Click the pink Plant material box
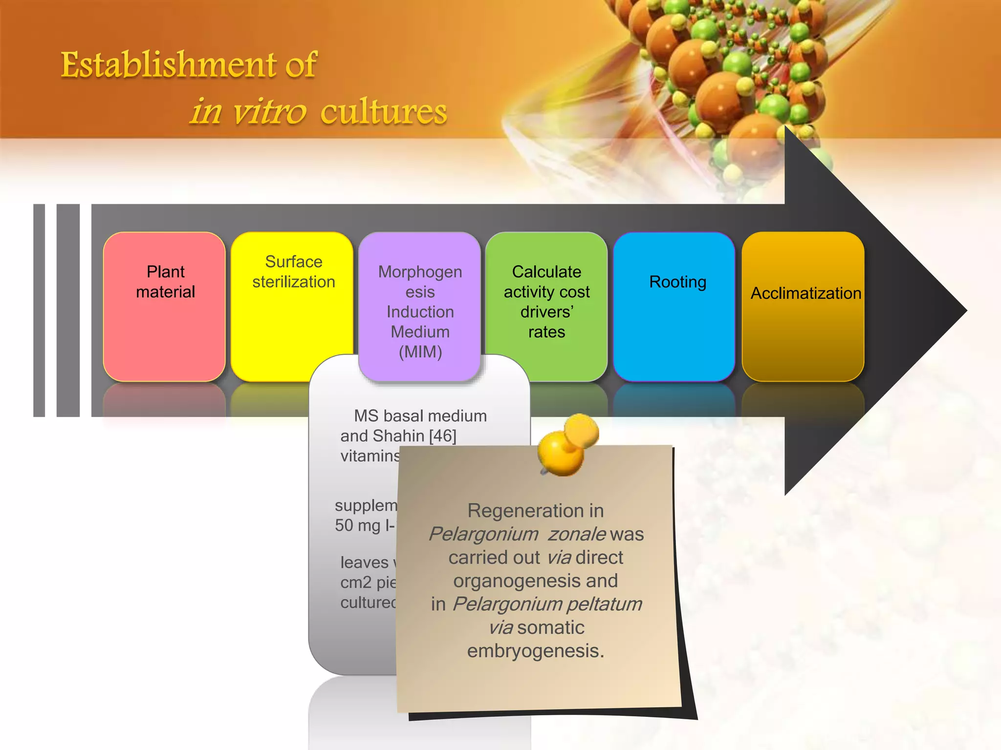(164, 306)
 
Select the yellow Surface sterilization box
(291, 293)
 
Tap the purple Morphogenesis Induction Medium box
(419, 306)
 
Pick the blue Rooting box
(674, 306)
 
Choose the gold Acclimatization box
(803, 306)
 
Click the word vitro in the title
(269, 112)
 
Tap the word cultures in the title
(384, 112)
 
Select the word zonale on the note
(577, 534)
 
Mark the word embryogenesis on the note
(535, 651)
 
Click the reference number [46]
(442, 436)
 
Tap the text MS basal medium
(420, 416)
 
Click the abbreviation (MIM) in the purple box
(420, 352)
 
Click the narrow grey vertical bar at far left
(39, 310)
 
